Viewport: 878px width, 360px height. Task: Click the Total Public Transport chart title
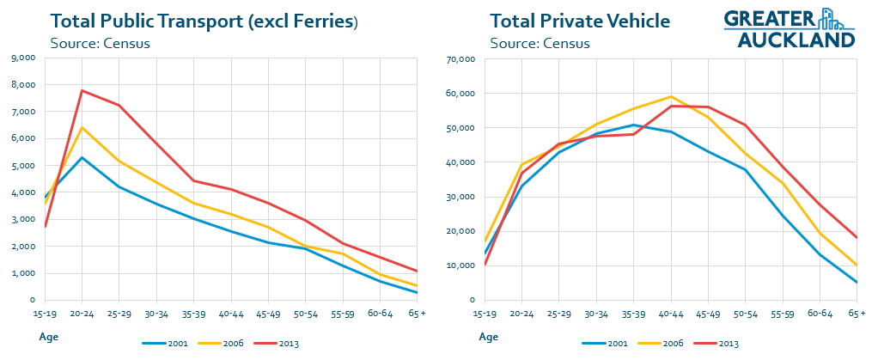[x=204, y=21]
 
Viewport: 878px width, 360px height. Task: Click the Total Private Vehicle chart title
[x=580, y=21]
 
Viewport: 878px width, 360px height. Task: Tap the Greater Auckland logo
[x=790, y=27]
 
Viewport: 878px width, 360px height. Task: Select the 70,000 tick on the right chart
[x=460, y=59]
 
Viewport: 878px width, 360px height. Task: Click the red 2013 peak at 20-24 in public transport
[x=82, y=90]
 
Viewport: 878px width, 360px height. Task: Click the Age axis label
[x=48, y=337]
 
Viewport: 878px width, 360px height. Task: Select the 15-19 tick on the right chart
[x=485, y=314]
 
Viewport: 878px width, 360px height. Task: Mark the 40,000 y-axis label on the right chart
[x=460, y=162]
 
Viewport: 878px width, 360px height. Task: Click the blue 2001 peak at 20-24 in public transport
[x=82, y=157]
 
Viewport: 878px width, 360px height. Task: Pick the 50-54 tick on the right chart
[x=744, y=314]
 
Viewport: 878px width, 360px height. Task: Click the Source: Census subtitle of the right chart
[x=540, y=43]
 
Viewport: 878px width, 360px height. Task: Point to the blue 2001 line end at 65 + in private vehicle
[x=857, y=283]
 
